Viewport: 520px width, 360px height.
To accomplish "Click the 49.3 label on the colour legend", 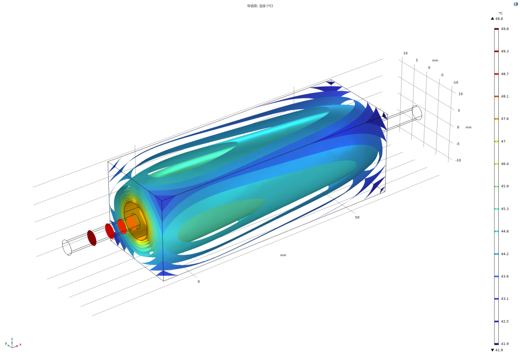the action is coord(505,51).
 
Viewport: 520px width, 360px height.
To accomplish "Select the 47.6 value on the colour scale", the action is coord(505,119).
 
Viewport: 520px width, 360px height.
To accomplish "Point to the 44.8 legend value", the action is coord(505,231).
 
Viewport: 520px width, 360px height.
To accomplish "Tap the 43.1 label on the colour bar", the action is coord(505,299).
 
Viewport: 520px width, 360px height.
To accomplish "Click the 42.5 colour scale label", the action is coord(505,321).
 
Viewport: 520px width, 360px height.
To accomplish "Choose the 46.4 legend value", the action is coord(505,164).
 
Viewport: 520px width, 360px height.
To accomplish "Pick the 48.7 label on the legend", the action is coord(505,74).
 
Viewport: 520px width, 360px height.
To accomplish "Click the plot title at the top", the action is coord(260,6).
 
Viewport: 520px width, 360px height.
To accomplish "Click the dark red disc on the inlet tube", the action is coord(92,238).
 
